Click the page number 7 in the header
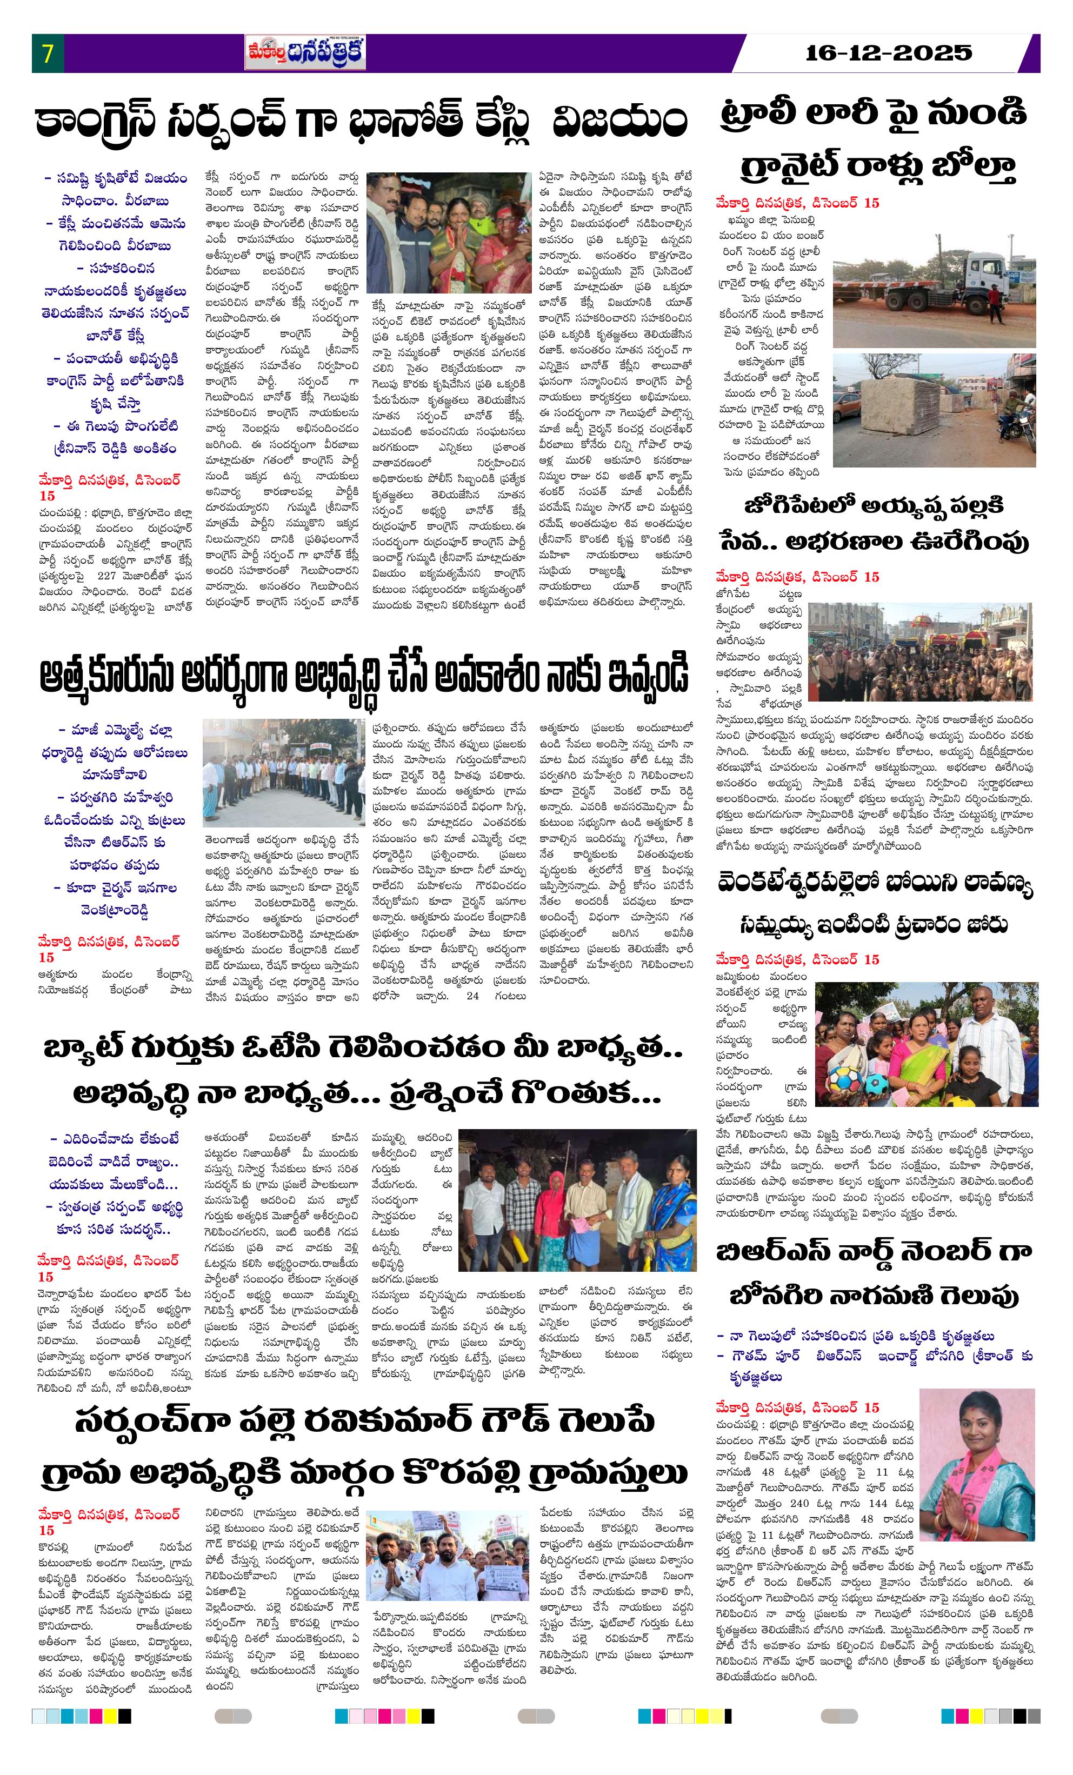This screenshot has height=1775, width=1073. pos(48,54)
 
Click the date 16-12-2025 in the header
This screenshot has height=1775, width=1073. pos(889,52)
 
